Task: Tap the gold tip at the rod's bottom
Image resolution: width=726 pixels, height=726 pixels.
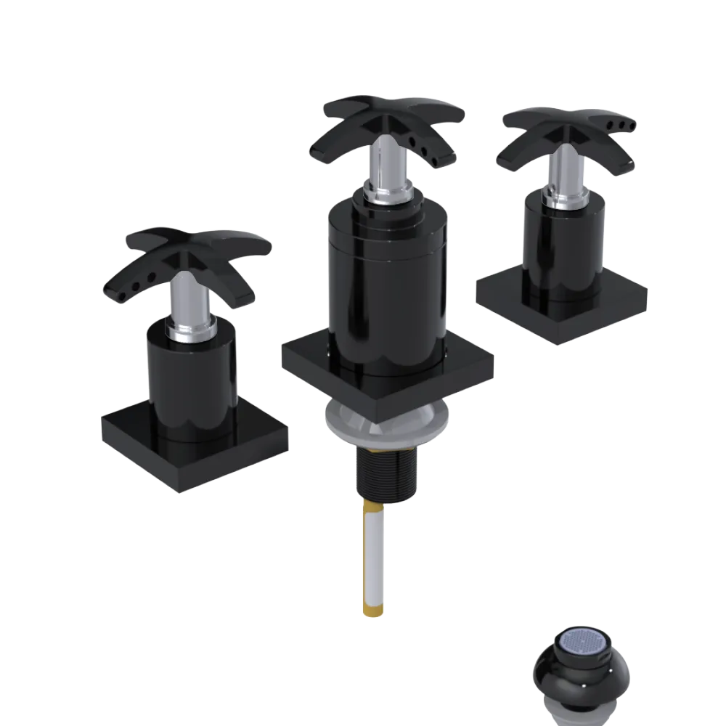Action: pos(371,606)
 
